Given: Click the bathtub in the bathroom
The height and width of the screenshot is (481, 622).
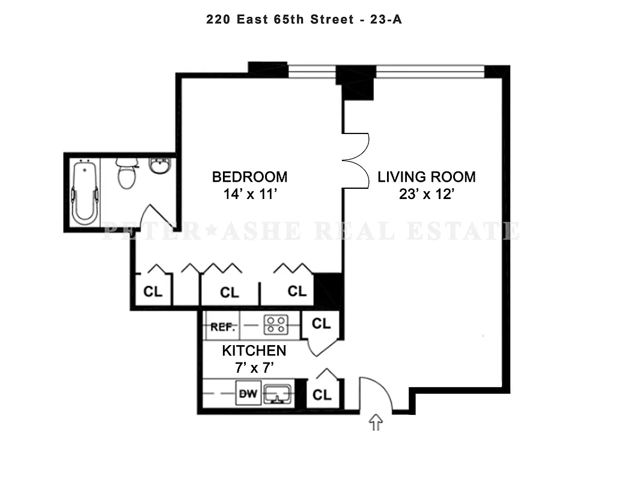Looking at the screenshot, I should [84, 192].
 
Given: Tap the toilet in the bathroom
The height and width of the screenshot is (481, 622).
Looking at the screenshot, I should [126, 174].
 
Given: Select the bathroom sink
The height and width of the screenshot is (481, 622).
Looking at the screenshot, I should [160, 167].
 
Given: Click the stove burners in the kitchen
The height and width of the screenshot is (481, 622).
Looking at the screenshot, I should [276, 325].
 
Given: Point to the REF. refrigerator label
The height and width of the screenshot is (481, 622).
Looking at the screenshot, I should [222, 328].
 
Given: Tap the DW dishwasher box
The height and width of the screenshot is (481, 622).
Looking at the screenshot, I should [249, 394].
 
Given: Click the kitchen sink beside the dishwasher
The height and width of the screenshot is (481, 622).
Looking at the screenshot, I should [278, 395].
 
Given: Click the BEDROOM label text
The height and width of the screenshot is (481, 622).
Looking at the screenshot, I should [249, 177].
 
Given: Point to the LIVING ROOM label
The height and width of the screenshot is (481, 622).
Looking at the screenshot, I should [426, 177].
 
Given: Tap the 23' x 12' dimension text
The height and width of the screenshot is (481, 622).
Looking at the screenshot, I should [426, 194].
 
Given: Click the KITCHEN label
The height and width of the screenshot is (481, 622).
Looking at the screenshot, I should [254, 351].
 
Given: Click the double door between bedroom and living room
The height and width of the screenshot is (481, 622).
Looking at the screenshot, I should [356, 161].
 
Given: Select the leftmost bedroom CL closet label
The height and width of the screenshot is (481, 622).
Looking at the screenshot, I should [153, 292].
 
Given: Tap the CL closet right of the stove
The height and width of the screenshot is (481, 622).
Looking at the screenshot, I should [321, 323].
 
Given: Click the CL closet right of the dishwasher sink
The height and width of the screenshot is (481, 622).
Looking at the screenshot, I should [322, 394].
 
